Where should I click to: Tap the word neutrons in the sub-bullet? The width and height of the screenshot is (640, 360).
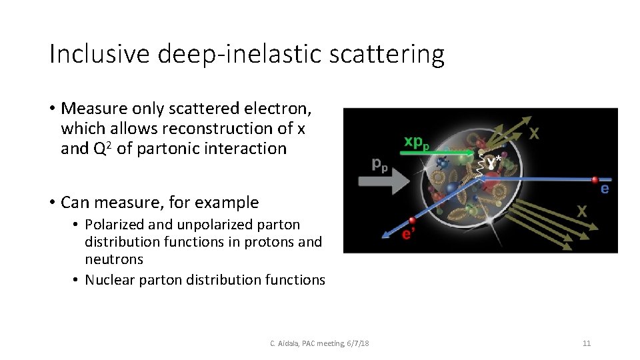(x=114, y=259)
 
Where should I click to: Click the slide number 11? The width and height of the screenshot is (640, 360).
(x=587, y=343)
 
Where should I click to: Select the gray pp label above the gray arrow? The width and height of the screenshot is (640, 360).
(x=380, y=164)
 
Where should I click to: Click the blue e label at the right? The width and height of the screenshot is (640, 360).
(x=605, y=189)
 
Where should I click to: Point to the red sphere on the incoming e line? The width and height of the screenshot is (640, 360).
(x=594, y=179)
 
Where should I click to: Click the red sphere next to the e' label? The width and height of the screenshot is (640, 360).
(x=412, y=221)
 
